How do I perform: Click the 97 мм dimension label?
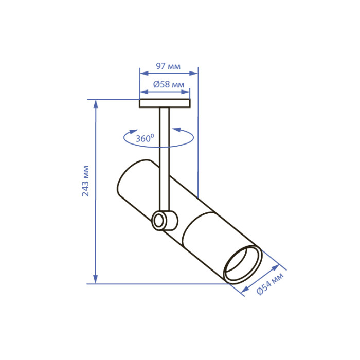(x=168, y=66)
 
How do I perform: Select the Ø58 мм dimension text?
(x=169, y=84)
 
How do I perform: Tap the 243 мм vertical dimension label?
(x=85, y=181)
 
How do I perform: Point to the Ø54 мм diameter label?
(x=270, y=283)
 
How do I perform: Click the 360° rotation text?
(x=145, y=138)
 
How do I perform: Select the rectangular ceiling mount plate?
(x=165, y=103)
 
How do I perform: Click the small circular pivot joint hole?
(x=158, y=221)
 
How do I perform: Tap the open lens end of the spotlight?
(x=243, y=265)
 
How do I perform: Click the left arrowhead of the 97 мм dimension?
(x=143, y=74)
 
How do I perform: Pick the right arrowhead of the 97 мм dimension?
(x=193, y=74)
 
